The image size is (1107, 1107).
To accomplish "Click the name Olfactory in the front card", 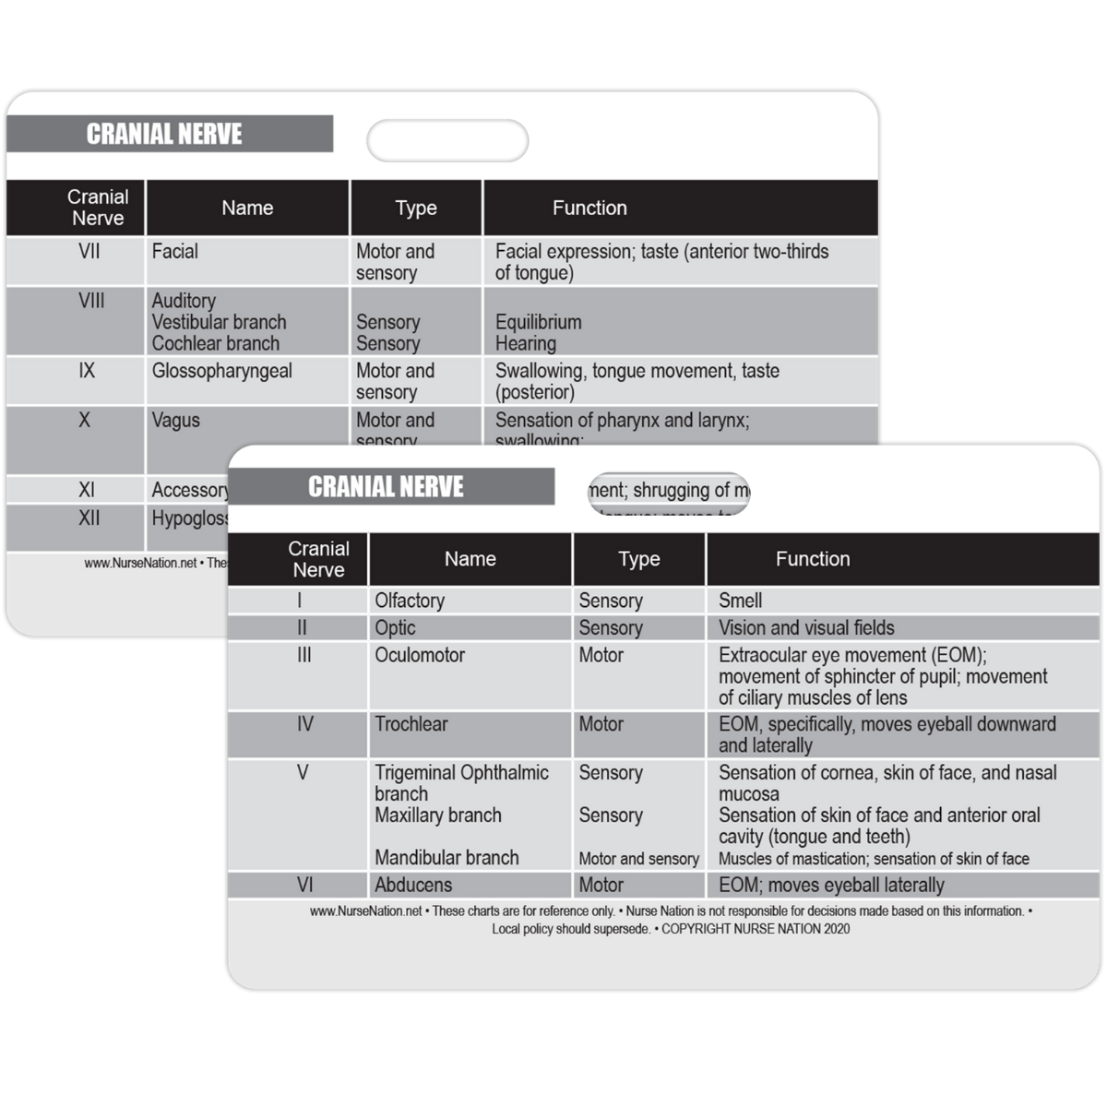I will [410, 601].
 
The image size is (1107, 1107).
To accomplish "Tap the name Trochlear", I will [411, 724].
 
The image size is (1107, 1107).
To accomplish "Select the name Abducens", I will [413, 885].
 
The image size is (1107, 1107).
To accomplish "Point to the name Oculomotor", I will [420, 655].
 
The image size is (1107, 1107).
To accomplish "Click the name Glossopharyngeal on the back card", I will [221, 371].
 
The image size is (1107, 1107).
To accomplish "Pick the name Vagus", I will [175, 421].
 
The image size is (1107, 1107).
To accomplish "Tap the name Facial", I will [174, 251].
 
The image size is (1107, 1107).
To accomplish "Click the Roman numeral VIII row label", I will [91, 301].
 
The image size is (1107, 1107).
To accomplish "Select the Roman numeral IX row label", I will [87, 371].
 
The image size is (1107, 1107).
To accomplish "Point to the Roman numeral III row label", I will [304, 655].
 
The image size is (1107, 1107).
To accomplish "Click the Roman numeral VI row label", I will [304, 885].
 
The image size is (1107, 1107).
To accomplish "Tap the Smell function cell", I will [740, 601].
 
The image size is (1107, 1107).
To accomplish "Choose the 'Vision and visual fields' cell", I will [806, 628].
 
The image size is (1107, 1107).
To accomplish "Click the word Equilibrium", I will [538, 322].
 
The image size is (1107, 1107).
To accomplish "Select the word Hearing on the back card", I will [525, 344].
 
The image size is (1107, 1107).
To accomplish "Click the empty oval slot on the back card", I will [447, 141].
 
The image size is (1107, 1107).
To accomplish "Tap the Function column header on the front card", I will [813, 559].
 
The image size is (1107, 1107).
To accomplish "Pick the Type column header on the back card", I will [416, 208].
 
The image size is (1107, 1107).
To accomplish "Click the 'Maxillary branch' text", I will [438, 815].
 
